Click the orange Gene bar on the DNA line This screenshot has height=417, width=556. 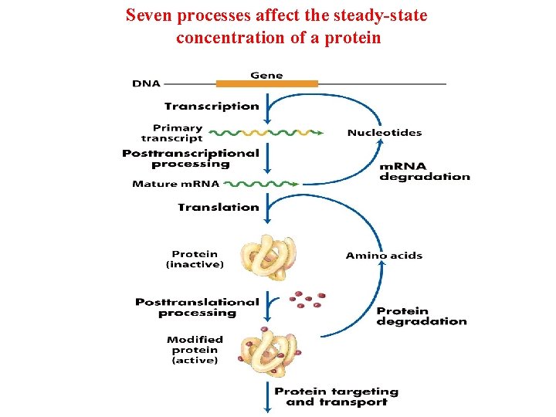266,83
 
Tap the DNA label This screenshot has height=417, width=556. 147,83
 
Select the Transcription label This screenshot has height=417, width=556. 212,107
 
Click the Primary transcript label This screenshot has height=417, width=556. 178,134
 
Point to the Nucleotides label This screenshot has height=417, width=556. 385,133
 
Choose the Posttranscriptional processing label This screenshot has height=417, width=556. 191,158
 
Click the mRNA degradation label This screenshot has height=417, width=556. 424,171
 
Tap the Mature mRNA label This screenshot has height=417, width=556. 176,185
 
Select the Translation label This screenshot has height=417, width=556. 219,207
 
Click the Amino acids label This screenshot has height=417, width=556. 384,256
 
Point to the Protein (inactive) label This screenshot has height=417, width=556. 195,259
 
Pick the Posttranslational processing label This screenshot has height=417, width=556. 197,307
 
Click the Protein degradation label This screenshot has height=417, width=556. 422,317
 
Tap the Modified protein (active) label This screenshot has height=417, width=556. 195,350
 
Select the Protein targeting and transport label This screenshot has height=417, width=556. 337,397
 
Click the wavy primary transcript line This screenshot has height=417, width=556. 266,131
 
